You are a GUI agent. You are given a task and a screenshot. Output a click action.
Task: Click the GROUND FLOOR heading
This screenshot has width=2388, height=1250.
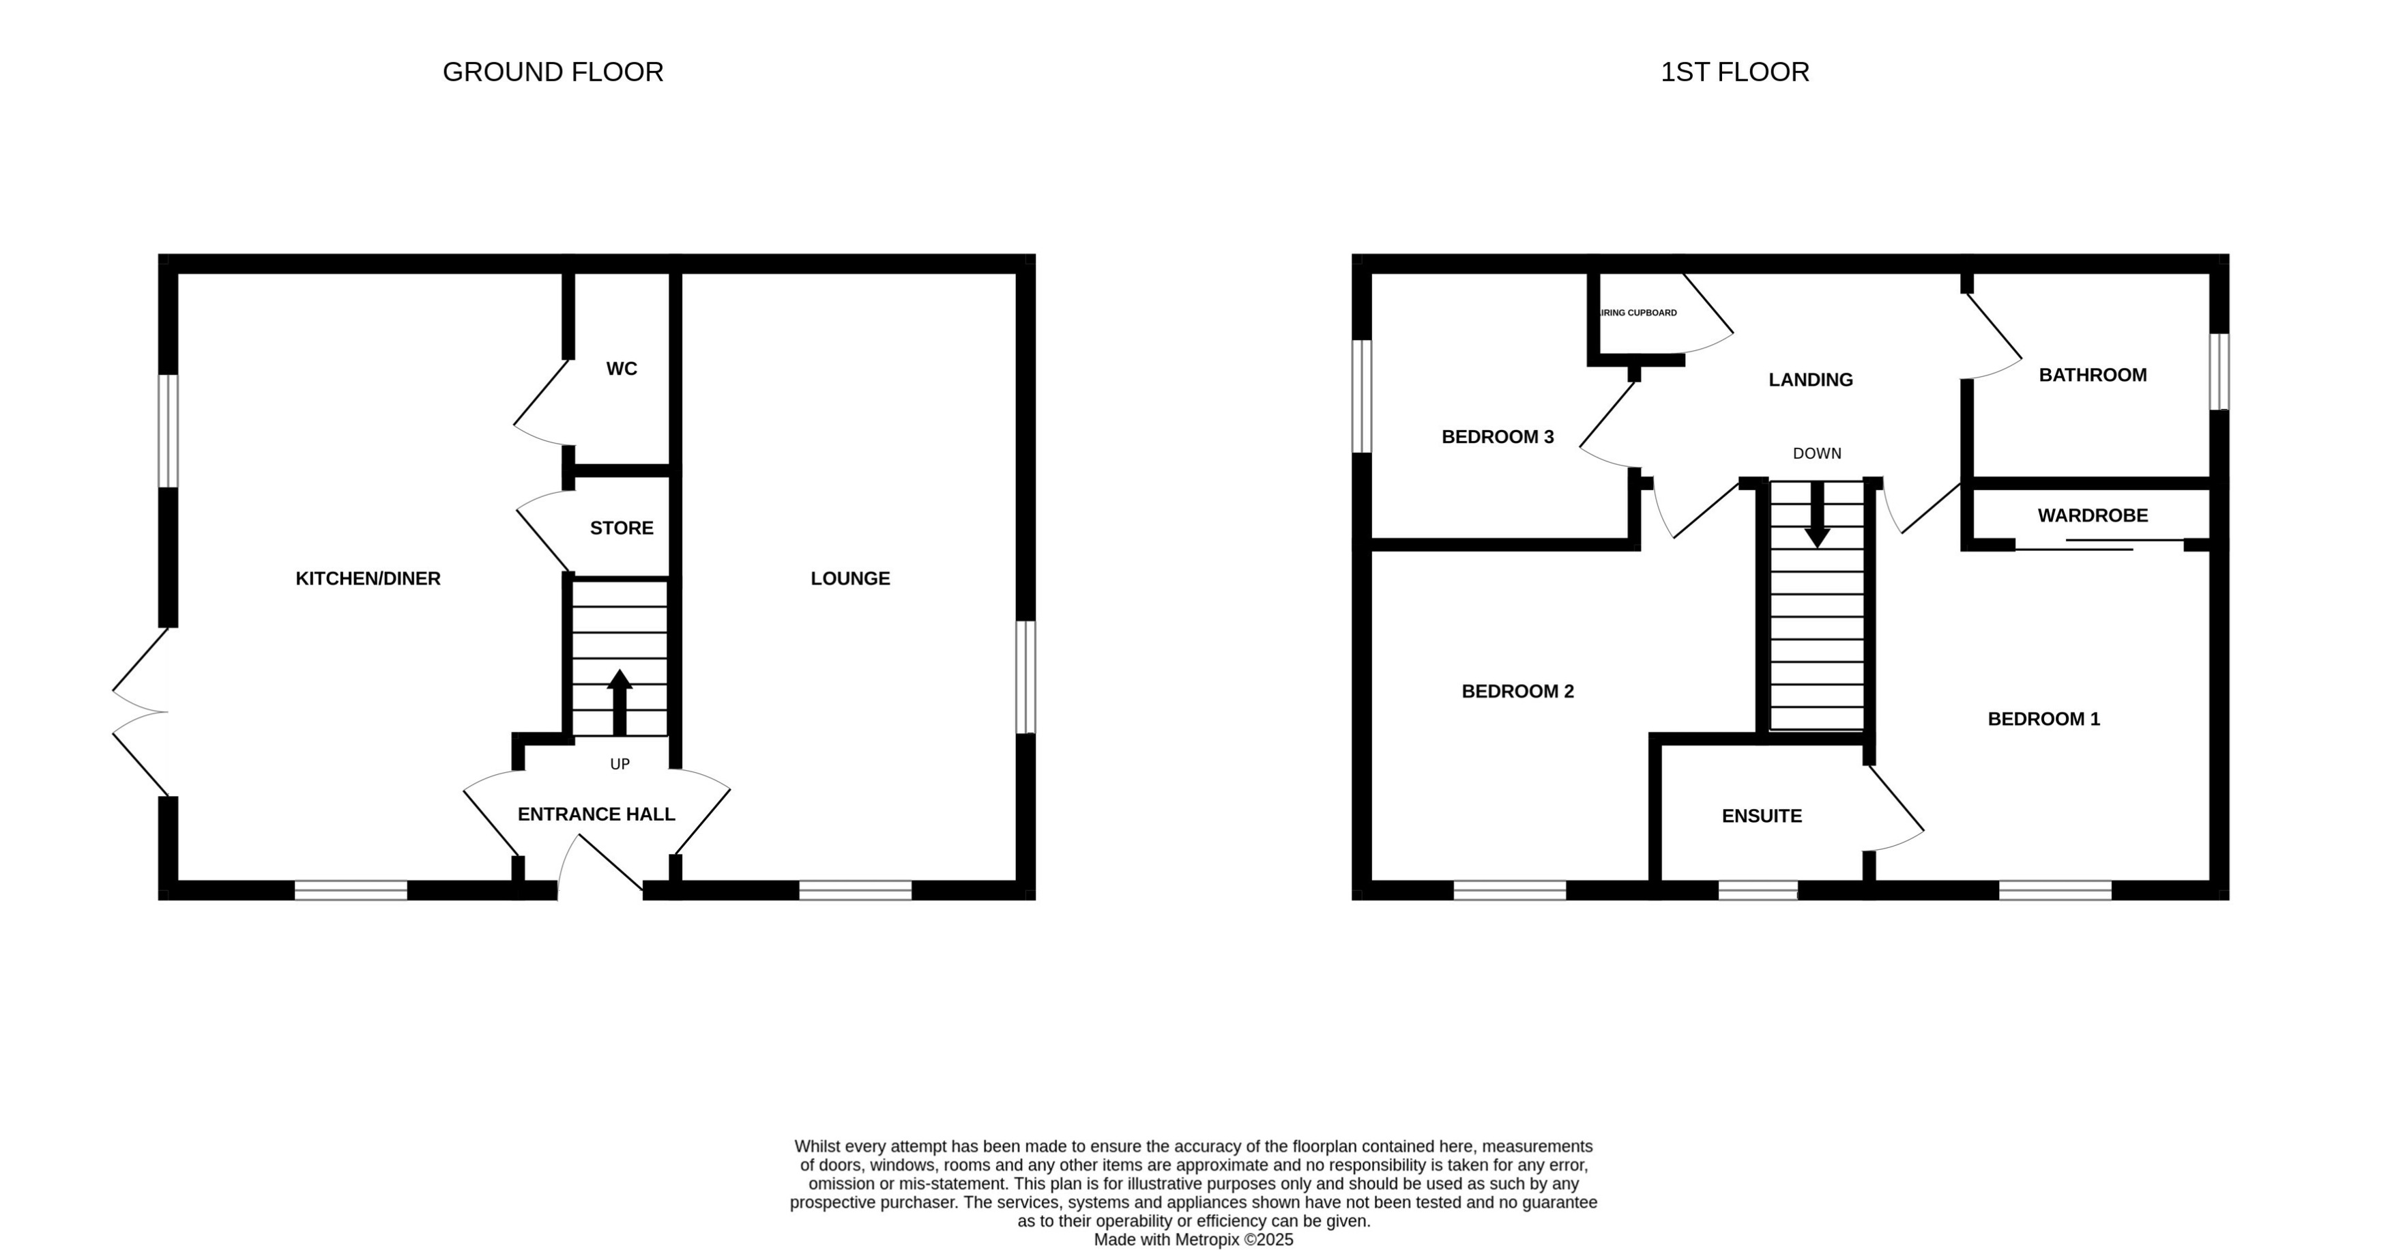(x=553, y=72)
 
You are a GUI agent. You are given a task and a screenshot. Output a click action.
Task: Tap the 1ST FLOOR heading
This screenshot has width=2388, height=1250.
(x=1734, y=72)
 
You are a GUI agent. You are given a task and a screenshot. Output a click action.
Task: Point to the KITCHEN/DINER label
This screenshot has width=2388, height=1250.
(x=368, y=579)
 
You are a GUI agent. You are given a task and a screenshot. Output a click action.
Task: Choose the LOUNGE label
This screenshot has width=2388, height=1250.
(x=850, y=579)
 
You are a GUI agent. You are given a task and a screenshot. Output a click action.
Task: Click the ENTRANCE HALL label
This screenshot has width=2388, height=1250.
(x=596, y=814)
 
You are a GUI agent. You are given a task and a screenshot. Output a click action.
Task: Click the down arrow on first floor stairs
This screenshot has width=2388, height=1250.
(x=1817, y=515)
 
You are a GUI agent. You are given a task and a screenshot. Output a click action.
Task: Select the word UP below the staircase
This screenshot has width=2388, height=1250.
(x=620, y=764)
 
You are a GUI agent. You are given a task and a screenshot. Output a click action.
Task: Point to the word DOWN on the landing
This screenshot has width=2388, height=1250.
(x=1817, y=453)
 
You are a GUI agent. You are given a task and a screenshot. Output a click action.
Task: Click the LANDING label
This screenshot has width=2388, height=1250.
(x=1811, y=380)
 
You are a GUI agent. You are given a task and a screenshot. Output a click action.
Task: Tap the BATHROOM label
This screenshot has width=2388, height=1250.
(x=2093, y=375)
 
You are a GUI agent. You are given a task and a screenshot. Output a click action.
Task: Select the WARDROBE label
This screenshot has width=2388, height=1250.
(x=2093, y=515)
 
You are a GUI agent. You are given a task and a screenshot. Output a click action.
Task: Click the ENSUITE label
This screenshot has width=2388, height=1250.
(x=1762, y=816)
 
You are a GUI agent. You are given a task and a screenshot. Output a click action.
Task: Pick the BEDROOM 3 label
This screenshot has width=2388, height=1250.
(x=1497, y=437)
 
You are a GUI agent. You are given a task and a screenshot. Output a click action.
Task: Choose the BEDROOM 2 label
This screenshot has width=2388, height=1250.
(x=1517, y=691)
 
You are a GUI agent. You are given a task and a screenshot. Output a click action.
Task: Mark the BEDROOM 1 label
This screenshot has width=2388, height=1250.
(x=2043, y=719)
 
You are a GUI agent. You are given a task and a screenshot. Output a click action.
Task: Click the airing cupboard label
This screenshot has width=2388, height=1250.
(x=1639, y=313)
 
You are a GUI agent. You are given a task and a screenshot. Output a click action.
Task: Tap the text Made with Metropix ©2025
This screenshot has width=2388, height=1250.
(x=1193, y=1240)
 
